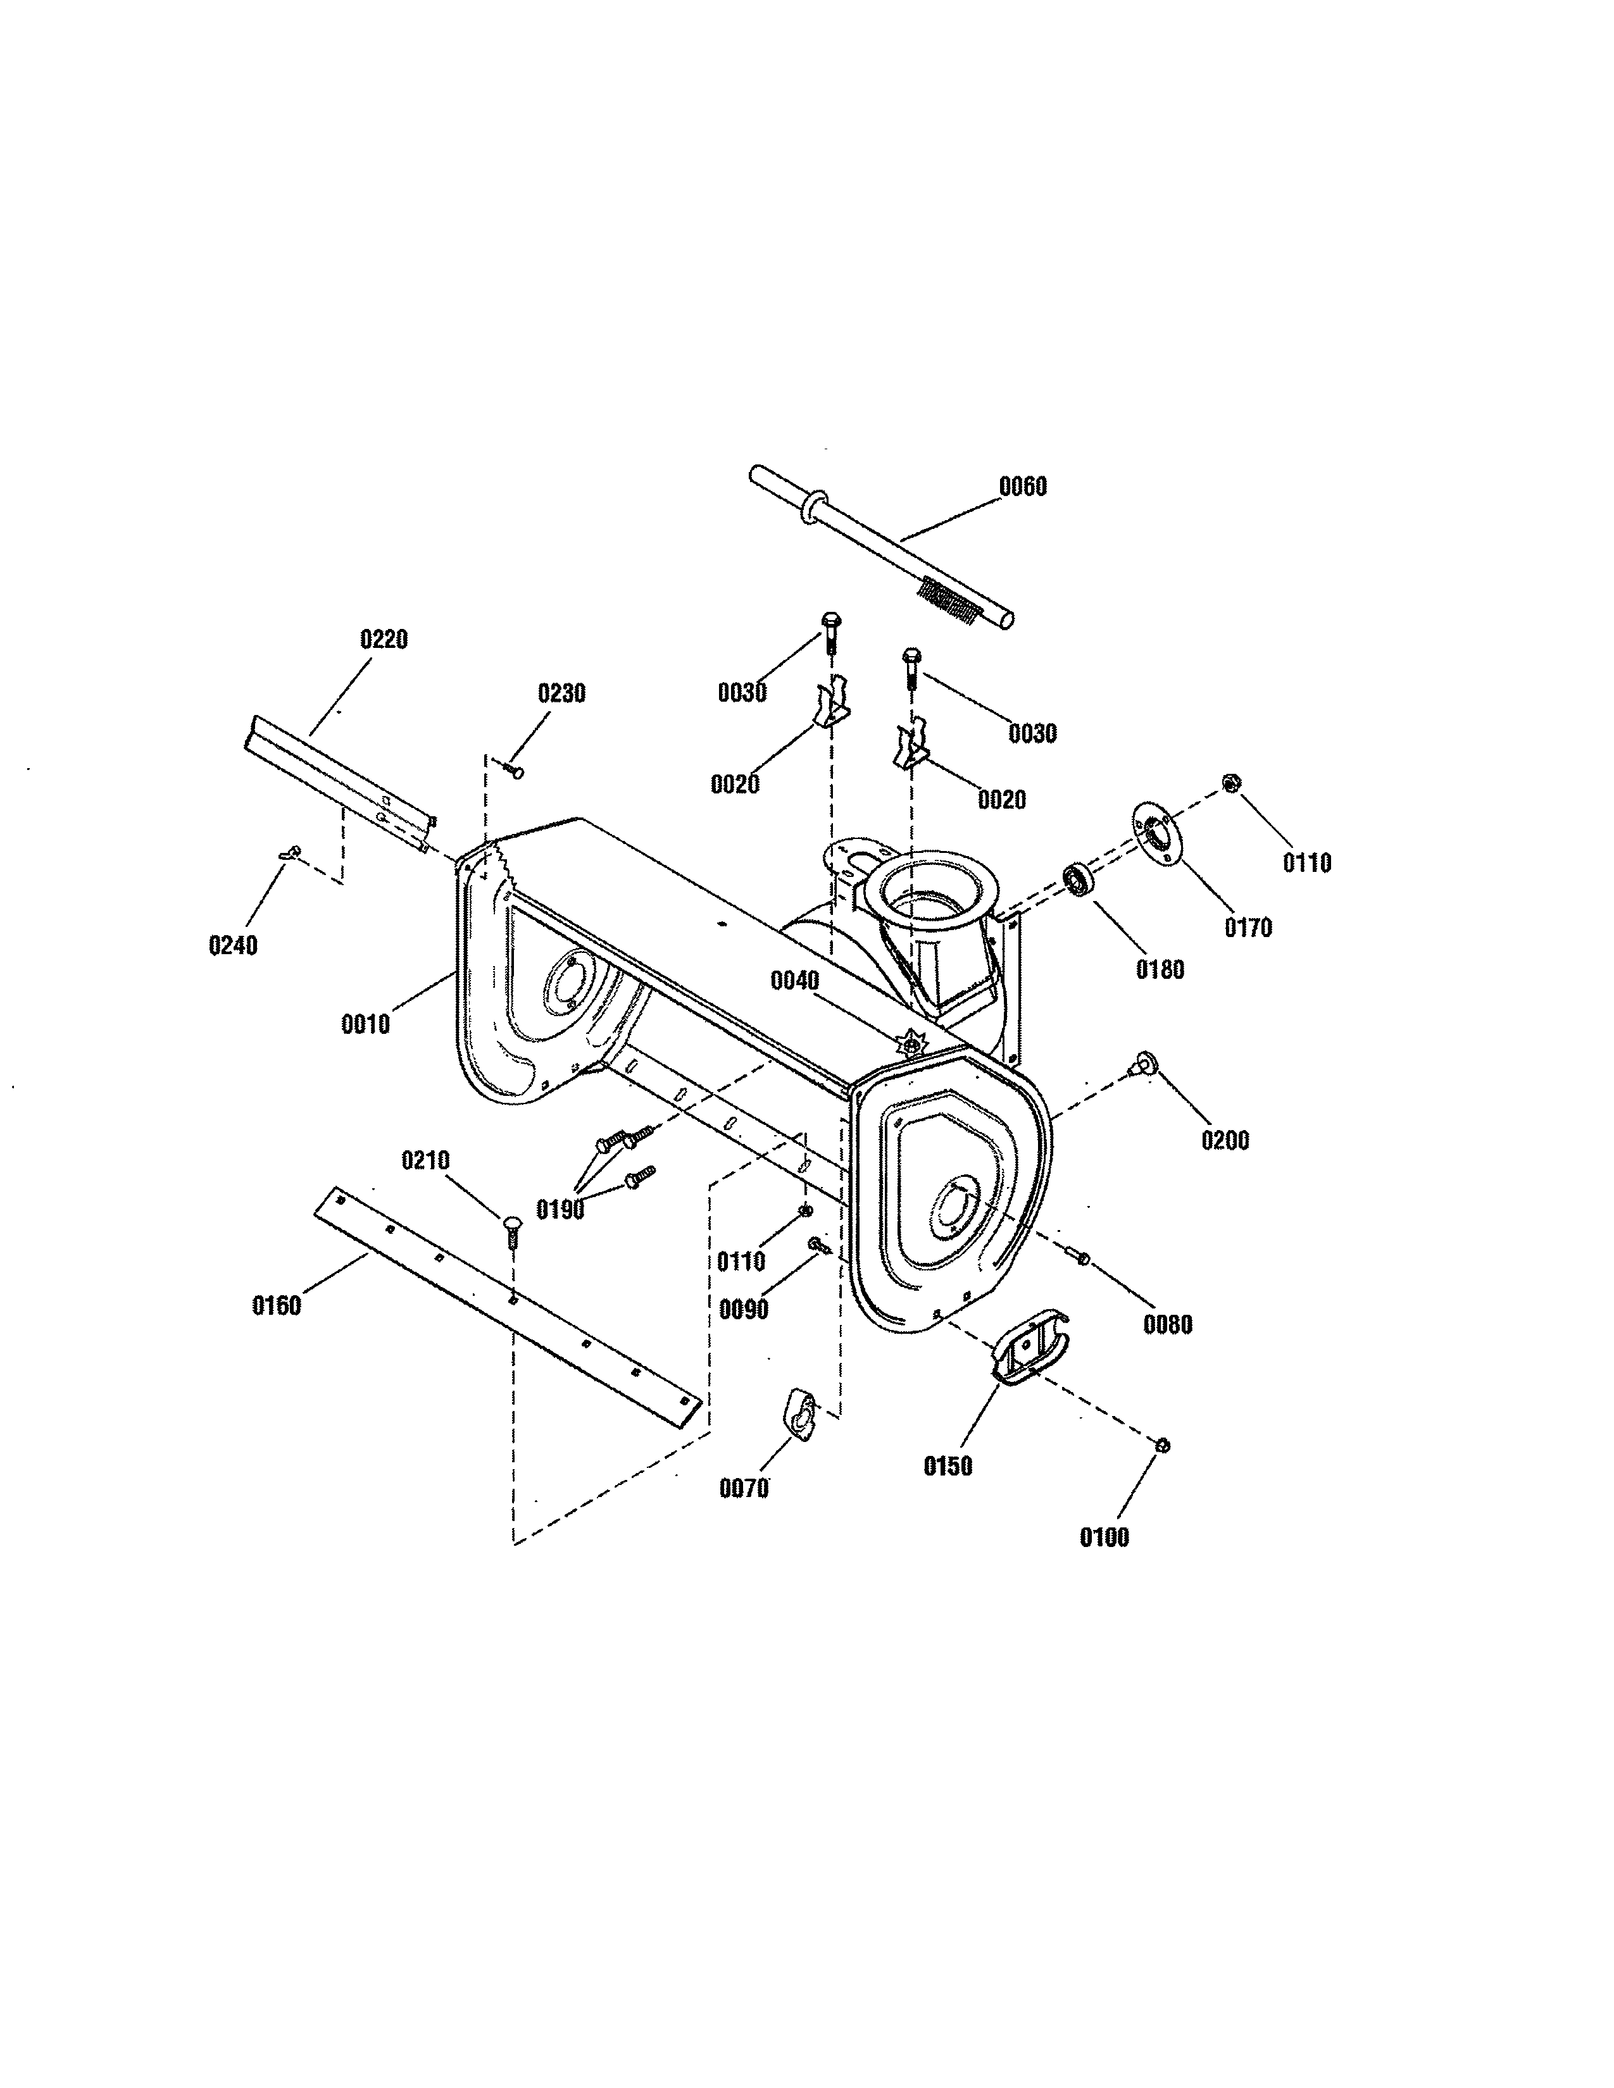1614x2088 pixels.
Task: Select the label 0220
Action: pyautogui.click(x=384, y=640)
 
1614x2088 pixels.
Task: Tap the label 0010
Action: pyautogui.click(x=365, y=1025)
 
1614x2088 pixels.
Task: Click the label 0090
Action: pyautogui.click(x=743, y=1310)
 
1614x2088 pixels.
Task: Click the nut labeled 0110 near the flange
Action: pyautogui.click(x=1232, y=784)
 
